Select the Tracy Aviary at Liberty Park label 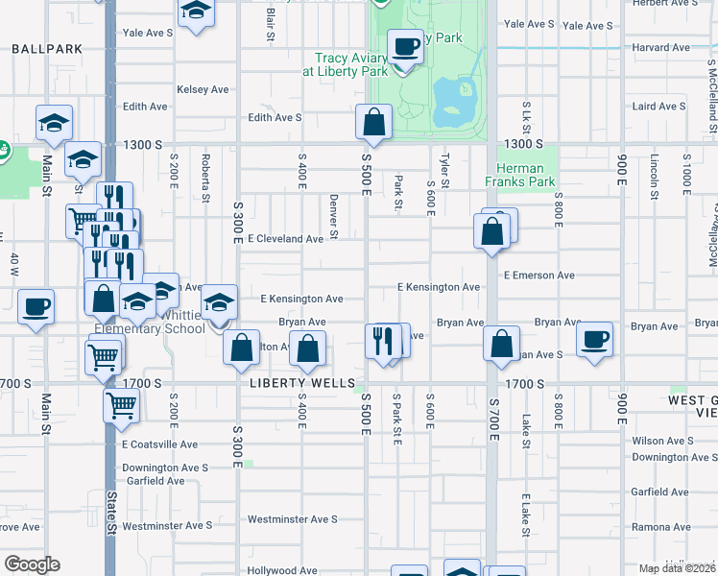pos(345,64)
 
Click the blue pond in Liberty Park pos(451,104)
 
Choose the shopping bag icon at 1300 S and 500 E pos(374,122)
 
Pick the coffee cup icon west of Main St pos(36,307)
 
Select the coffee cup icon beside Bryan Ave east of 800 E pos(595,339)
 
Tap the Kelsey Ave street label pos(203,89)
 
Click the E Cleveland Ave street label pos(285,238)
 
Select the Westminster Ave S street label pos(292,519)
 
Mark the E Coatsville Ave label pos(159,444)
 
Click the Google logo pos(32,564)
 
